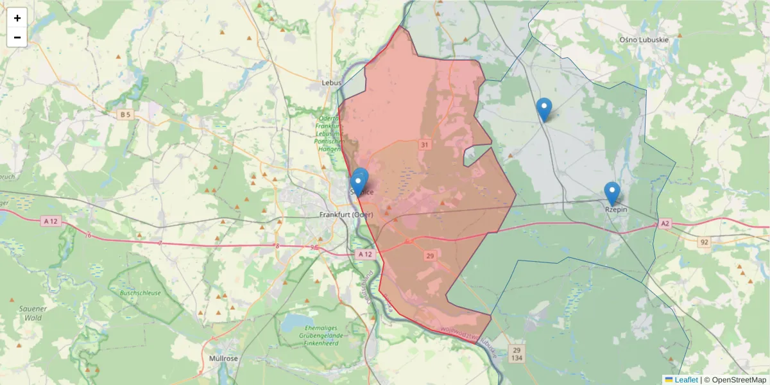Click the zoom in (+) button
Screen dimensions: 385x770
(x=17, y=18)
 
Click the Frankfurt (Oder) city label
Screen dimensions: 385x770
(x=346, y=214)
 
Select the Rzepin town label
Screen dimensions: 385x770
(x=616, y=209)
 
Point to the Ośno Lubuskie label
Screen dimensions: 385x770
(x=645, y=39)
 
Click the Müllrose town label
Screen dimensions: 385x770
(x=225, y=358)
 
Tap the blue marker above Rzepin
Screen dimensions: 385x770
(x=612, y=193)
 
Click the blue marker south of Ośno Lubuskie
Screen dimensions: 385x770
(x=544, y=109)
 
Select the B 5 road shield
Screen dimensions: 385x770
(x=125, y=115)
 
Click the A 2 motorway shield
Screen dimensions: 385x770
(x=664, y=223)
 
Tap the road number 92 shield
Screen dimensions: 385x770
(x=705, y=242)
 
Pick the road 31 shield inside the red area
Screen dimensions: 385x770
(x=424, y=145)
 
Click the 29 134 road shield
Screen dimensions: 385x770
(x=516, y=354)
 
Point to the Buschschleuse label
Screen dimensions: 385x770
(x=139, y=293)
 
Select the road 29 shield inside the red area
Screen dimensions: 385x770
(x=429, y=255)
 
